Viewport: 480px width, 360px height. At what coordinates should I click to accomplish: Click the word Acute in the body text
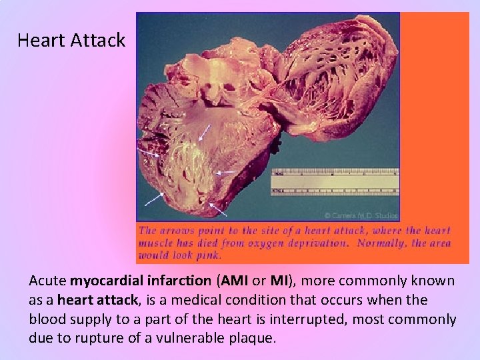47,281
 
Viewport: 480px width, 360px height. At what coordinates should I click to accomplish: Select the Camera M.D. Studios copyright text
361,215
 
